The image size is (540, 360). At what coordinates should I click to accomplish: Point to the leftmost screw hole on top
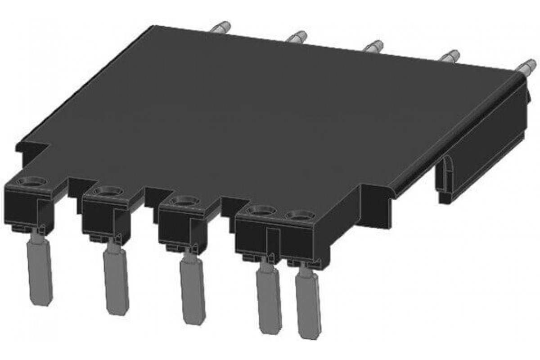[31, 182]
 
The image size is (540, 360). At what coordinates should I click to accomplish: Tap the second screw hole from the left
[108, 191]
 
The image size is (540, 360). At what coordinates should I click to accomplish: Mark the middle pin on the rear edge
[373, 46]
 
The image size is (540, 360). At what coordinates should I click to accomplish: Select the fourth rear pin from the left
[449, 57]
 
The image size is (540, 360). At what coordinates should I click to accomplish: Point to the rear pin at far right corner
[524, 67]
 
